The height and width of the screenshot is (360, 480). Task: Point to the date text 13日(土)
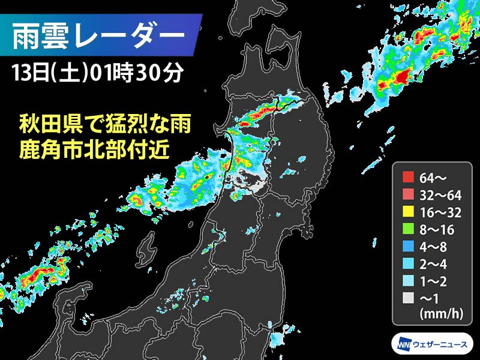tap(49, 74)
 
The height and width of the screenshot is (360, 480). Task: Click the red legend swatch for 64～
tap(409, 177)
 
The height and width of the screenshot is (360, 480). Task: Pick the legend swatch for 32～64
tap(409, 194)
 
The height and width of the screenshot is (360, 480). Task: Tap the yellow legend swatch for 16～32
tap(409, 211)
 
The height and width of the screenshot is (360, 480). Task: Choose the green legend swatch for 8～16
tap(409, 229)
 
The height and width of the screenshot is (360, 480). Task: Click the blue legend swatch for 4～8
tap(409, 245)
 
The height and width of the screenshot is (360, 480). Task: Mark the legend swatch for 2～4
tap(409, 263)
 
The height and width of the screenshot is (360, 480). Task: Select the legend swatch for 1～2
tap(409, 280)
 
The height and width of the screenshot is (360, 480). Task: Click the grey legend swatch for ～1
tap(409, 297)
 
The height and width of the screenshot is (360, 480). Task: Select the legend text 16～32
tap(441, 211)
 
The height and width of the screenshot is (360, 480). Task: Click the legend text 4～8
tap(437, 245)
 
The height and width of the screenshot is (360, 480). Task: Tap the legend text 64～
tap(434, 177)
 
